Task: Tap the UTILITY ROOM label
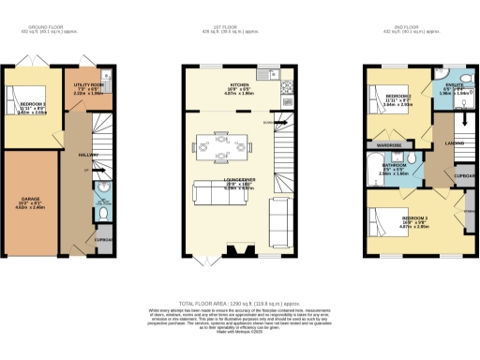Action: click(87, 84)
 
